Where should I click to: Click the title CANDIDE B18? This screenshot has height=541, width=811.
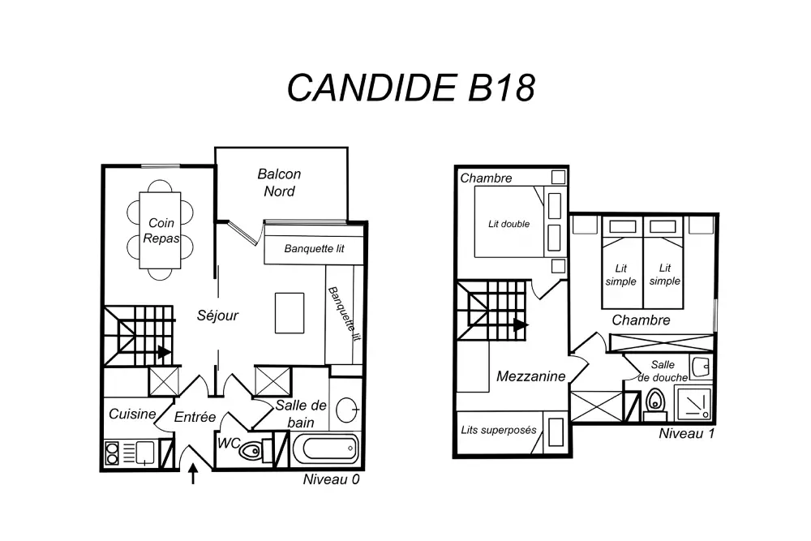[411, 88]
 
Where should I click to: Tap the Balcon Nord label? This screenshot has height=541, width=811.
[279, 182]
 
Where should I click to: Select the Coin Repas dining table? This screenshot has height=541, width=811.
[161, 230]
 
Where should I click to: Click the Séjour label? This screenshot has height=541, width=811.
[218, 315]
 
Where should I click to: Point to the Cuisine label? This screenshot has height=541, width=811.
[132, 414]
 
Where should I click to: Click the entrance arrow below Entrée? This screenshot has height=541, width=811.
[193, 473]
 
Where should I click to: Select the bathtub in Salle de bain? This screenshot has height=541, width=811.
[324, 446]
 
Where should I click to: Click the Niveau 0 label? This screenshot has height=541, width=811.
[331, 479]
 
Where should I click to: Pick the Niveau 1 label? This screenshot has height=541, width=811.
[686, 433]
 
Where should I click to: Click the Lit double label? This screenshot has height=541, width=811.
[508, 224]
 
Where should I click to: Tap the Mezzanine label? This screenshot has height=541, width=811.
[530, 376]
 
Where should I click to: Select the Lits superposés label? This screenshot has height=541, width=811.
[499, 430]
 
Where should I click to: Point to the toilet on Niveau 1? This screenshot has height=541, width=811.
[655, 402]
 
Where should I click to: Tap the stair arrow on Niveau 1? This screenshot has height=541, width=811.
[521, 324]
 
